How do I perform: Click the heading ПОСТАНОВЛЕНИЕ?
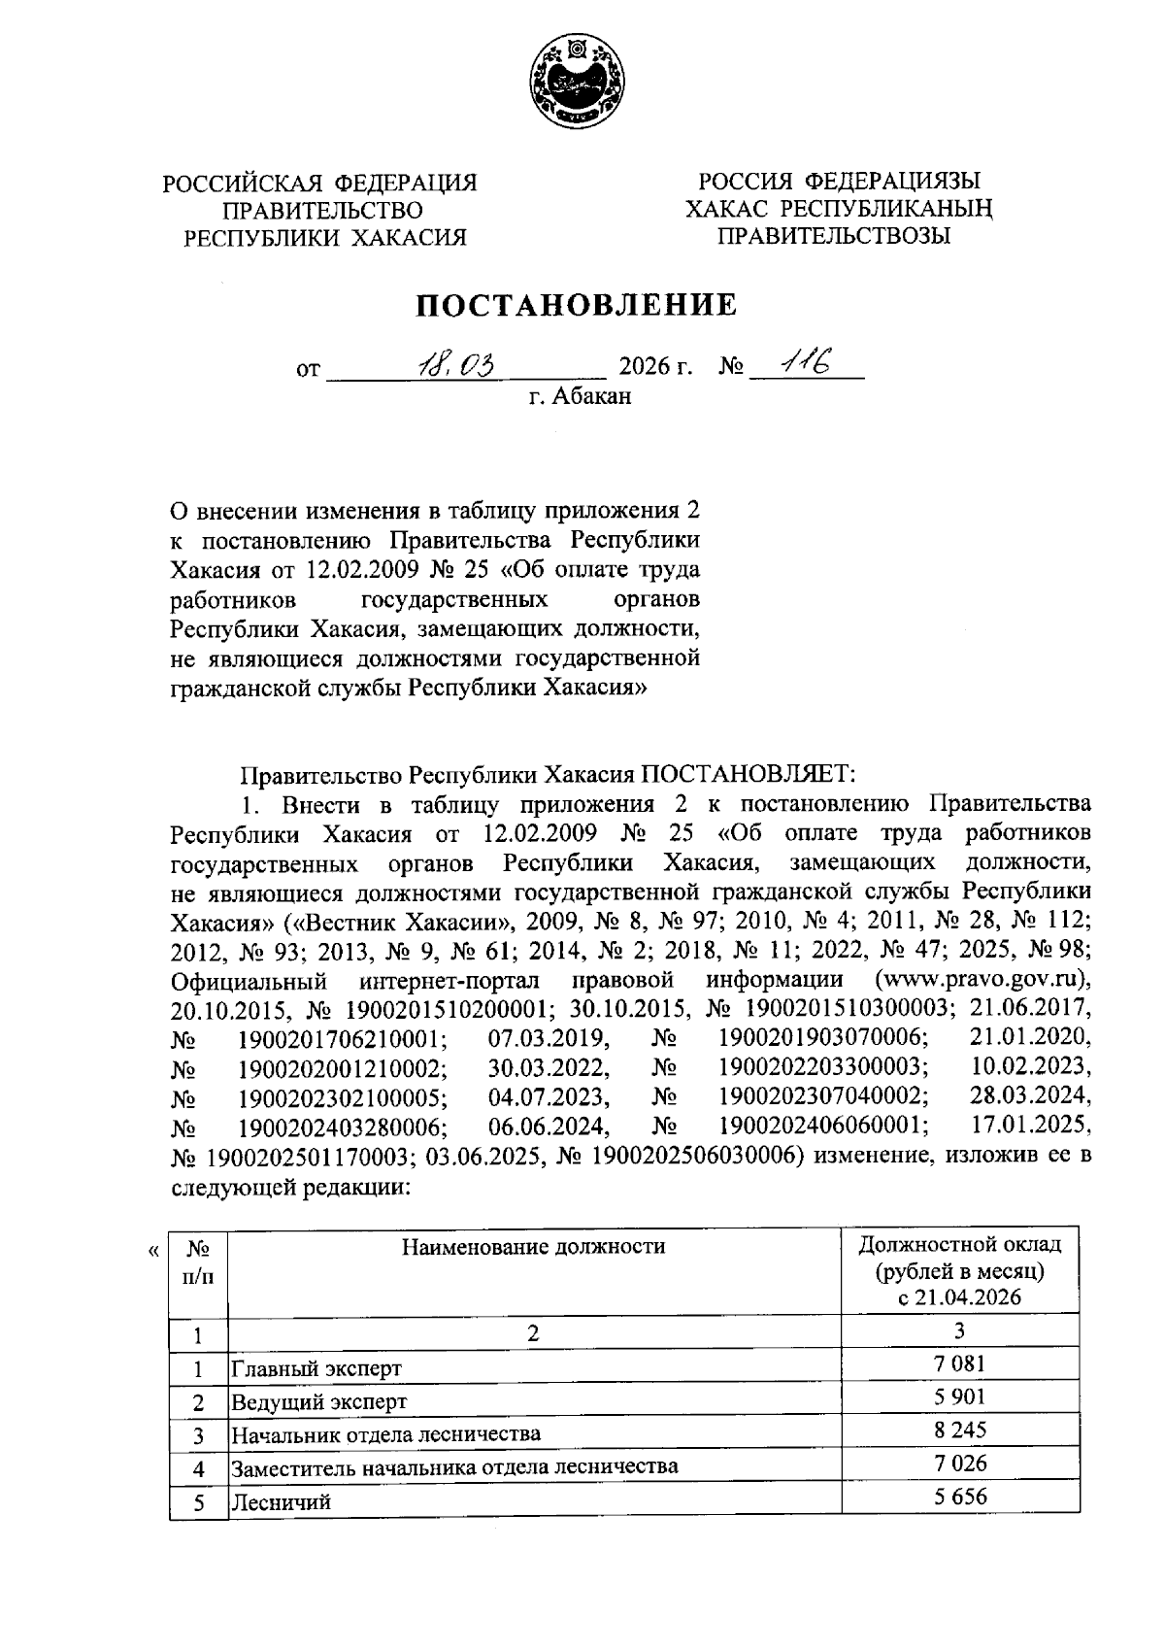tap(577, 306)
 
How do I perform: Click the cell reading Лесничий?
tap(282, 1502)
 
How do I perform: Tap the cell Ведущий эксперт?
tap(318, 1401)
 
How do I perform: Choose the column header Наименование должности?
tap(534, 1247)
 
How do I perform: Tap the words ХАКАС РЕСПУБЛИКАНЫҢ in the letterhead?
tap(836, 209)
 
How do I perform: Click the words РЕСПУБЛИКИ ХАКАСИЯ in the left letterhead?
tap(325, 238)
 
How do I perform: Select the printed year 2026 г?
tap(655, 368)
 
